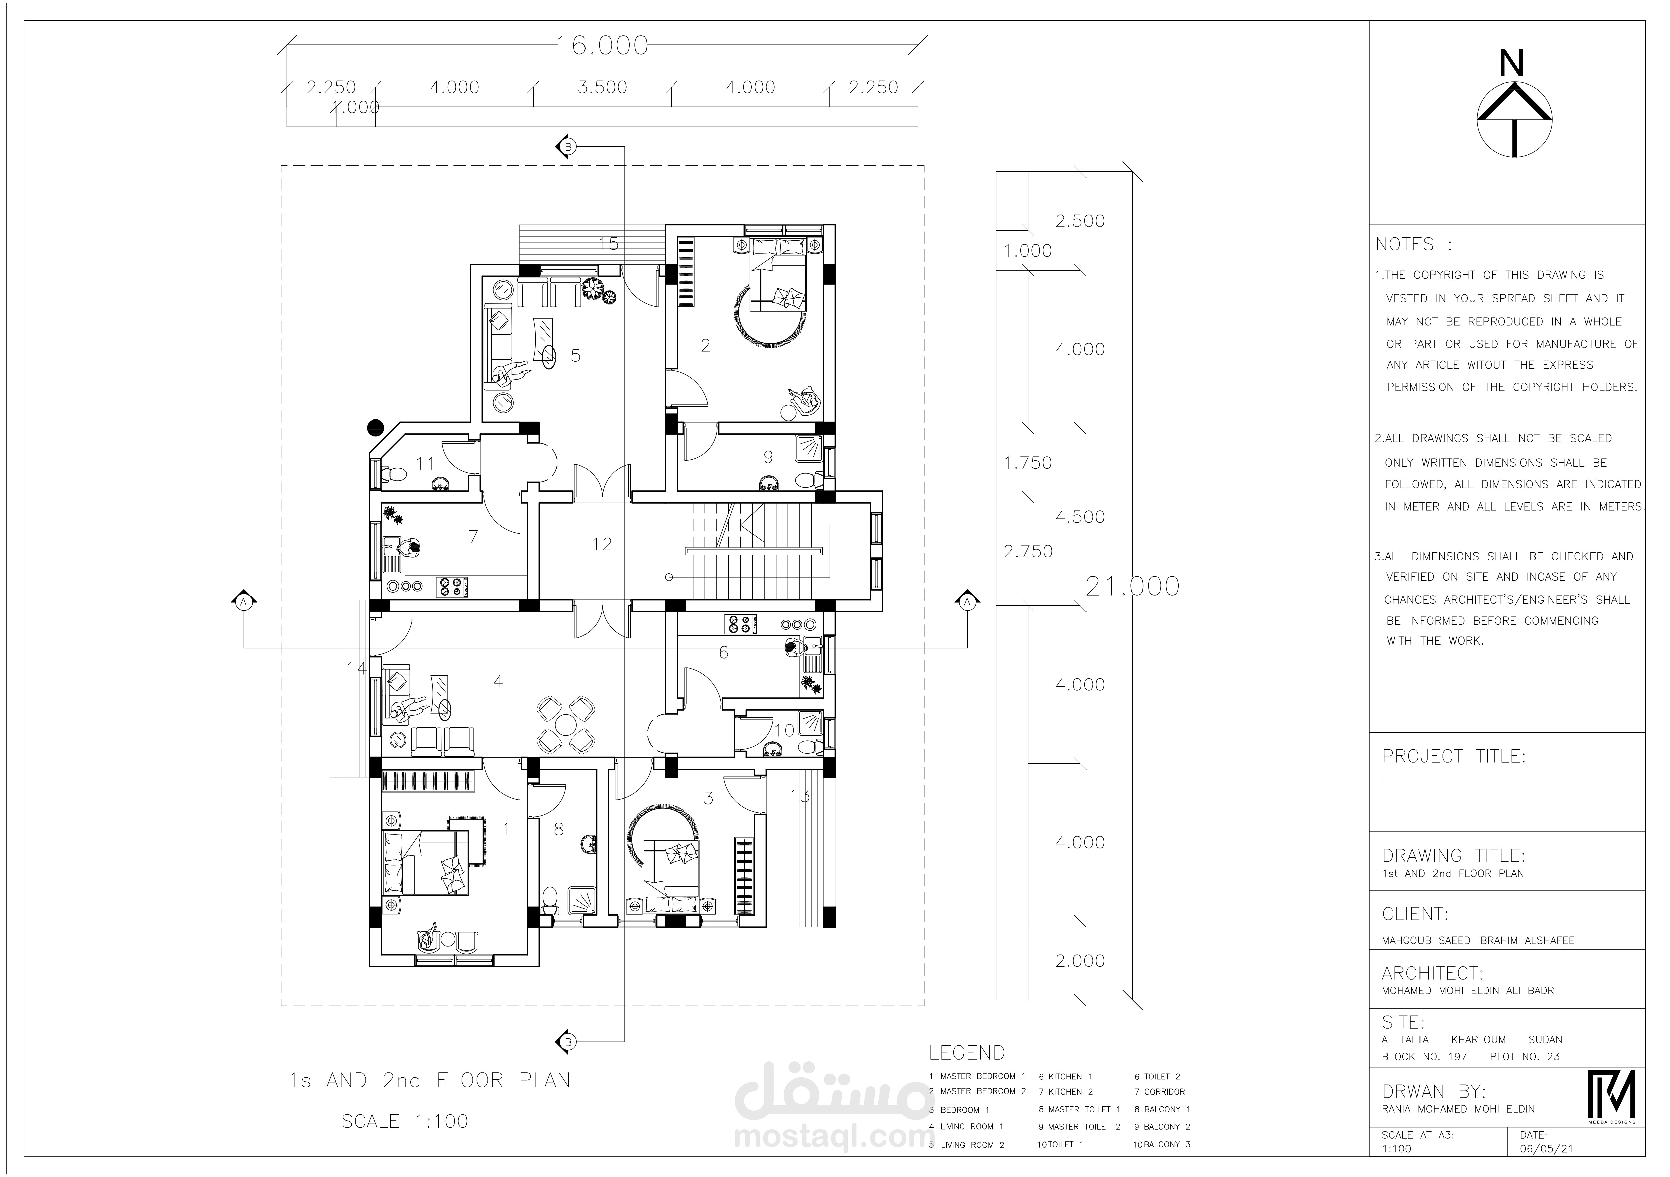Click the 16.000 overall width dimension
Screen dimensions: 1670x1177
602,46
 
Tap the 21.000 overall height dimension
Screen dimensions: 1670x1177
1133,586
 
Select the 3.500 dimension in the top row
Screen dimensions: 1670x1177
602,87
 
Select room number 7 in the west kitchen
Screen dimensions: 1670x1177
474,537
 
